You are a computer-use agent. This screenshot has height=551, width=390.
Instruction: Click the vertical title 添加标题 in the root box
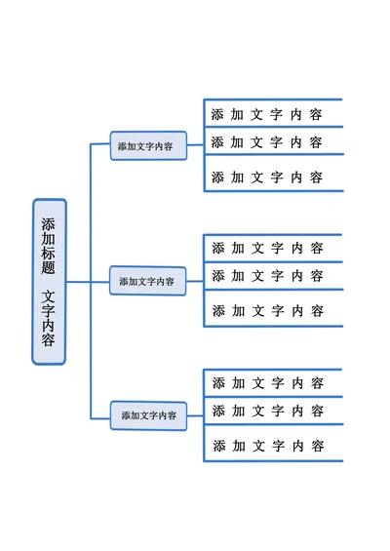(x=49, y=244)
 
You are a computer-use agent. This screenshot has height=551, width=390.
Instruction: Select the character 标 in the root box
(x=49, y=252)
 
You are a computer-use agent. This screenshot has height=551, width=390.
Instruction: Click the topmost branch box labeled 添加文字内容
(x=147, y=146)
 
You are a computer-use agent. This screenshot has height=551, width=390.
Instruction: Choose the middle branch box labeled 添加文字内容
(x=147, y=281)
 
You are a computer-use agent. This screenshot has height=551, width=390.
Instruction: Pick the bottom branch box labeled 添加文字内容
(x=148, y=415)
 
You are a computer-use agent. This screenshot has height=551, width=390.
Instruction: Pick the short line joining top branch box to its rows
(x=195, y=145)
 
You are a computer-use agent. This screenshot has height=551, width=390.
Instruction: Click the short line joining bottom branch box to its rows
(x=195, y=415)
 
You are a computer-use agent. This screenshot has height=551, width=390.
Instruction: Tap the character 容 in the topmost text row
(x=316, y=114)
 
